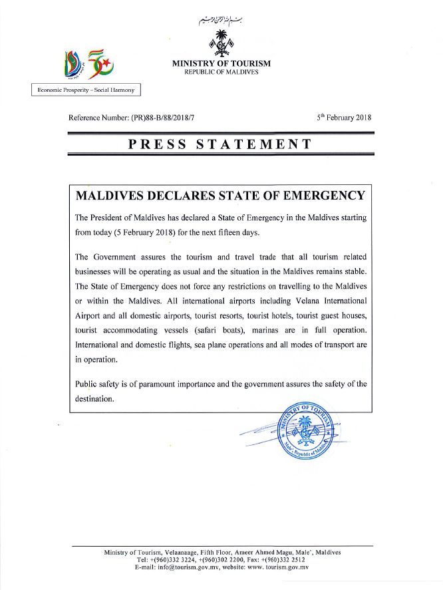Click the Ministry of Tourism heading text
[221, 63]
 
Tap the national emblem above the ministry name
[221, 41]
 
